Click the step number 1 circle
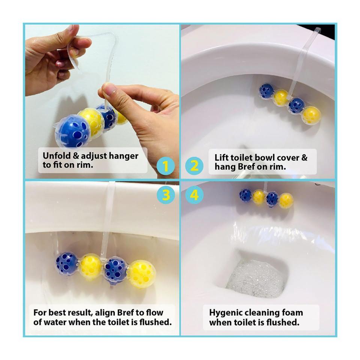(165, 166)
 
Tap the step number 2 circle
(194, 166)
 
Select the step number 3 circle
(165, 195)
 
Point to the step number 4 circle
(194, 195)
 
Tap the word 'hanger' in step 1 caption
(123, 156)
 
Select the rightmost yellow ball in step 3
(142, 274)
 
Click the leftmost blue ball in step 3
(67, 264)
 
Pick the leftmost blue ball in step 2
(267, 91)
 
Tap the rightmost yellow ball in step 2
(311, 115)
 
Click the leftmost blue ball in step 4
(246, 196)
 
